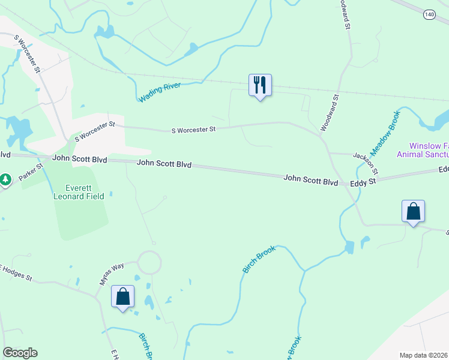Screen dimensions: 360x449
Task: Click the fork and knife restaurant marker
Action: [x=260, y=85]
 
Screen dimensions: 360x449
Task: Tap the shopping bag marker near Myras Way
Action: [x=123, y=296]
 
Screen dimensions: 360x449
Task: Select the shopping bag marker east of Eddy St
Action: [x=413, y=211]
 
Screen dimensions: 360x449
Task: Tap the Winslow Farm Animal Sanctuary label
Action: [x=423, y=150]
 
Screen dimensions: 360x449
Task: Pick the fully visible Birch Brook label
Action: [x=259, y=259]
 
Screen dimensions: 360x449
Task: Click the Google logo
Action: [x=20, y=353]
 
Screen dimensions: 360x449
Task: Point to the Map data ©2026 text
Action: [x=423, y=355]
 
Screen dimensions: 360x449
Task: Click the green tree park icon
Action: [x=5, y=179]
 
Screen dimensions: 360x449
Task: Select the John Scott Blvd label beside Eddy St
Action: [x=310, y=179]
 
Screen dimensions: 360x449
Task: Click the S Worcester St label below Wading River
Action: [x=193, y=130]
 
